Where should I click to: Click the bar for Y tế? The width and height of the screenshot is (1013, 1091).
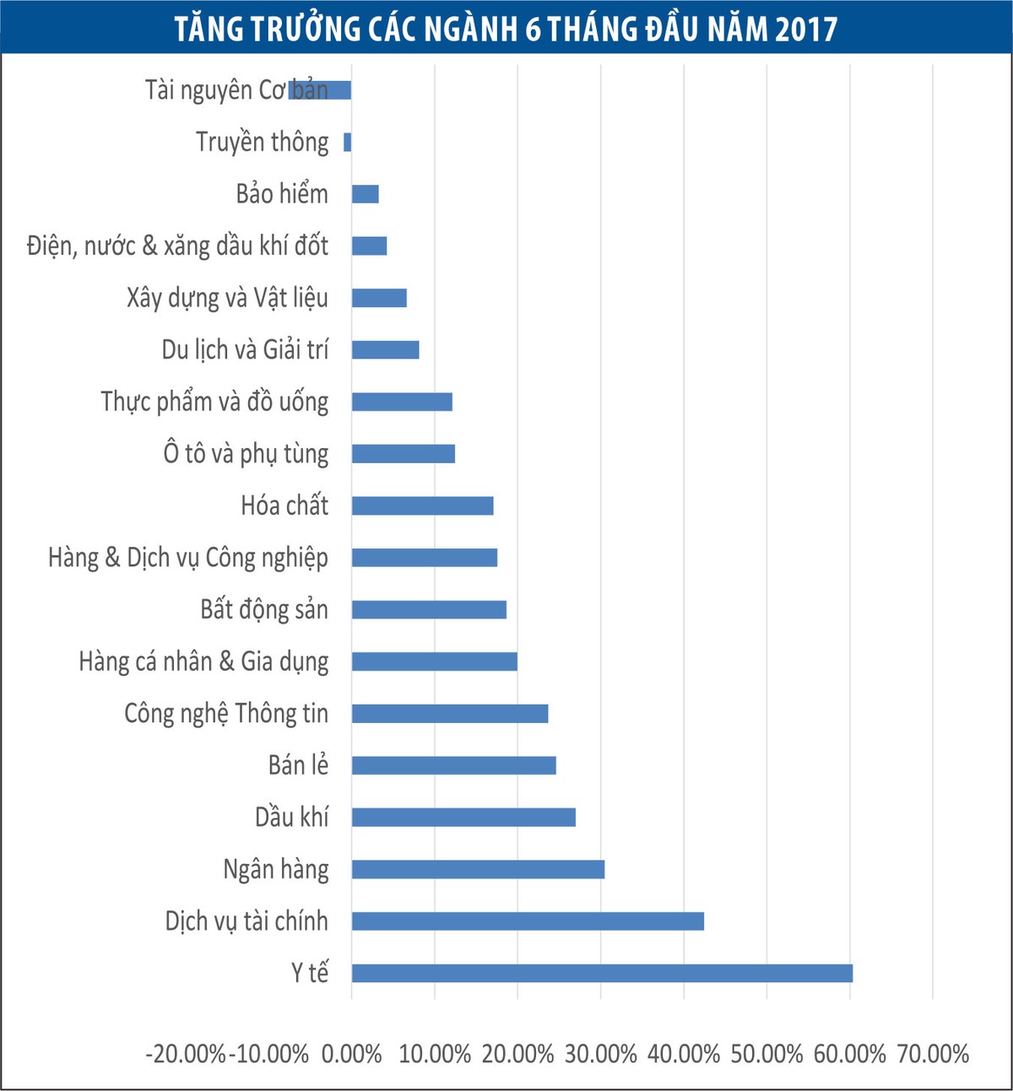point(602,973)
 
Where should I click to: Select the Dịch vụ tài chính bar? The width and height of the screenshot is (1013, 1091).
point(528,921)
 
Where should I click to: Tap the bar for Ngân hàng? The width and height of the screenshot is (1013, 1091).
point(478,869)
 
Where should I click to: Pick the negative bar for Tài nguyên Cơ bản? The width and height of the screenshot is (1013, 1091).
point(320,90)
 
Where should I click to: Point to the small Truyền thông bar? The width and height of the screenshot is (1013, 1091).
point(347,142)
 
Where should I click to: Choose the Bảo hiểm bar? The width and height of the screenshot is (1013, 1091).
point(365,194)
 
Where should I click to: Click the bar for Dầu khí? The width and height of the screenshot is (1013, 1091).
point(463,817)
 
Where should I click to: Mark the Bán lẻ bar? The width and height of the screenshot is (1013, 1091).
point(453,765)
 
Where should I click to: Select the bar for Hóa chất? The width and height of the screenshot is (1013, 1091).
point(422,505)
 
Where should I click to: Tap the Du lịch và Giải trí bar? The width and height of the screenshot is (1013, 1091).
point(385,349)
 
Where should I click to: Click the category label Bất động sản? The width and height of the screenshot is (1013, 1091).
point(264,609)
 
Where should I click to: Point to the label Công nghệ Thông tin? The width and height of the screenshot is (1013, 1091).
point(226,714)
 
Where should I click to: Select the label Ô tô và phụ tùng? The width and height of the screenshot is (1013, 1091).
point(246,454)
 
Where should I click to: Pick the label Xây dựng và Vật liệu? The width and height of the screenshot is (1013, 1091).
point(227,298)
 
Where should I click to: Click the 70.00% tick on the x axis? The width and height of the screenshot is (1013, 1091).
point(933,1054)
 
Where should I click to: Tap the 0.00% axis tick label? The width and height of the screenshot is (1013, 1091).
point(351,1054)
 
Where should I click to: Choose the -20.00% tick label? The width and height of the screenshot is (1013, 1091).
point(186,1054)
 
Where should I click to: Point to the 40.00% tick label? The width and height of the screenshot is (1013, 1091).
point(684,1054)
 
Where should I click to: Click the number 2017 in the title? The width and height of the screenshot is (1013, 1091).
point(805,30)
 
